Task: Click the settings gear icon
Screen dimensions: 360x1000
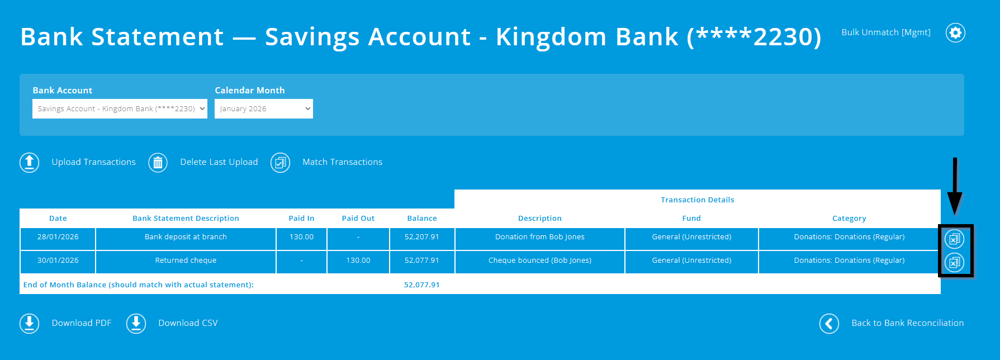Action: click(x=955, y=33)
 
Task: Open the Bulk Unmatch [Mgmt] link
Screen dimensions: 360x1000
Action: click(x=886, y=32)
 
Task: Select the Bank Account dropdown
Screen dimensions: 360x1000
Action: click(x=120, y=109)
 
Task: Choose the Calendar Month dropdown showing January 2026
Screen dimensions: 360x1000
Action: click(x=263, y=109)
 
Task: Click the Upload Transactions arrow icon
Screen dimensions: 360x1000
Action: click(x=30, y=163)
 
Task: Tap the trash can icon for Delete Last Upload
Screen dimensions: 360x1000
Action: click(x=158, y=163)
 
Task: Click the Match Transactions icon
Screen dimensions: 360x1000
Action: click(x=281, y=163)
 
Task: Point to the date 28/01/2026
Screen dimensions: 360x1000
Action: click(x=58, y=237)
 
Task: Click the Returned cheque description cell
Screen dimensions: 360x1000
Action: click(x=186, y=260)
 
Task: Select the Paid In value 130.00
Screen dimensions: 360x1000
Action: click(x=301, y=237)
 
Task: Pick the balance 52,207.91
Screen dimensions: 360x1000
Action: click(x=422, y=237)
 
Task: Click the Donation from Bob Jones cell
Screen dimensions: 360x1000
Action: click(x=539, y=237)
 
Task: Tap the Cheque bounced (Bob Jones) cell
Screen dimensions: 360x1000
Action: click(x=539, y=260)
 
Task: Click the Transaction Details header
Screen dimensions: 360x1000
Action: click(x=697, y=200)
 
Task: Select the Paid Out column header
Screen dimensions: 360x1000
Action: click(x=358, y=219)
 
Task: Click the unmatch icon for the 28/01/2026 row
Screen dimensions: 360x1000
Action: click(x=954, y=239)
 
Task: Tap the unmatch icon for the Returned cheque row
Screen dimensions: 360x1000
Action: click(x=954, y=262)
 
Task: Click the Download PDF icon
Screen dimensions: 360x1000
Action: click(x=30, y=324)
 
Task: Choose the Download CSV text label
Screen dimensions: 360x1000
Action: click(x=188, y=323)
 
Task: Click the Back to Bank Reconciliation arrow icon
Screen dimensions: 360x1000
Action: click(x=829, y=324)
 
